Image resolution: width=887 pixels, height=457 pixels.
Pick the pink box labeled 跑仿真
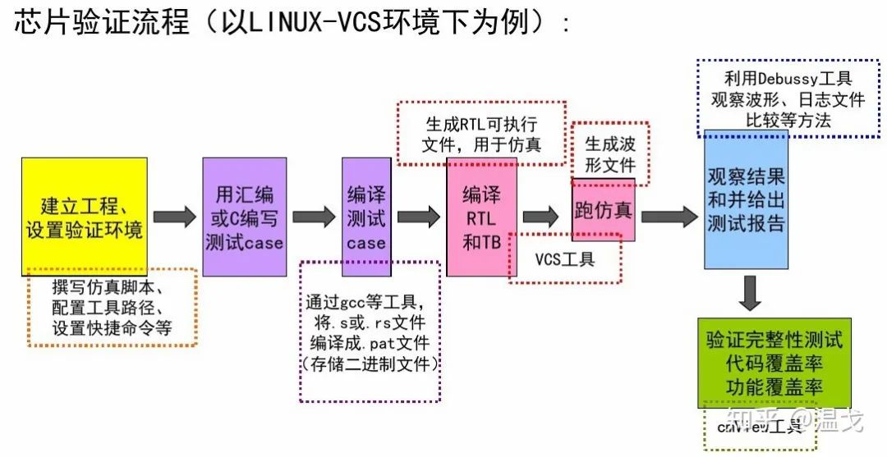603,209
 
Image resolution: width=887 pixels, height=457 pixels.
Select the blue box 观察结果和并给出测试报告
746,199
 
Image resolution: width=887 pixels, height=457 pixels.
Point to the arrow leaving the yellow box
174,217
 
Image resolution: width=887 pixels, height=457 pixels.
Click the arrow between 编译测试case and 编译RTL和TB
418,217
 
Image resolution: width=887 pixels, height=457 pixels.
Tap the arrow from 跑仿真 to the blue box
669,216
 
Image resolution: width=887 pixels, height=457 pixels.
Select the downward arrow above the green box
750,293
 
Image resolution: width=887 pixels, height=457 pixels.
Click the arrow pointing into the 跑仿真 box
540,217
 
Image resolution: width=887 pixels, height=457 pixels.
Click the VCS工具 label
565,260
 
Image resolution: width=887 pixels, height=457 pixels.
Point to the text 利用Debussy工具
788,79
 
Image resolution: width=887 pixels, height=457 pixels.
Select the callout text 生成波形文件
609,154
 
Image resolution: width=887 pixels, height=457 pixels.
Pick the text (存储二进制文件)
370,363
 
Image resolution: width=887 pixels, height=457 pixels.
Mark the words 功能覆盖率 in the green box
774,386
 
